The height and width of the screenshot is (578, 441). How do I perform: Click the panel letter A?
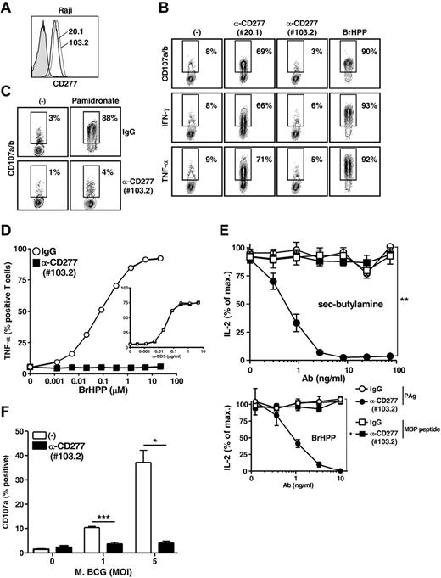(8, 8)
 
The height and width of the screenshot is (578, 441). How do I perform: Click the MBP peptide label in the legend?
(416, 513)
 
